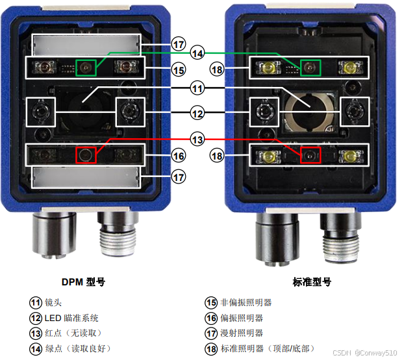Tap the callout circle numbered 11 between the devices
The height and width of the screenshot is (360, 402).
point(197,88)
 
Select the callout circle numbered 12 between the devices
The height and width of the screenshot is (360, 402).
point(197,113)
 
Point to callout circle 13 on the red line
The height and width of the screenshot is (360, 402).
point(197,139)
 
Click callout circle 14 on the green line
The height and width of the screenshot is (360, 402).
point(197,53)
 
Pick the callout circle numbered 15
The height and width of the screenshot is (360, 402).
point(179,70)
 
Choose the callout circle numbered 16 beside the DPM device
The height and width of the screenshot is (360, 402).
point(179,156)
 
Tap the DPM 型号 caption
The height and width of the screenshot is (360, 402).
point(83,282)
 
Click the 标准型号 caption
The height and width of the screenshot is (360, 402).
point(312,282)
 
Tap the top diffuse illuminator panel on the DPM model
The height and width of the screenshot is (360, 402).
point(86,45)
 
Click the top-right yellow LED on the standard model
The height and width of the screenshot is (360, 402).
point(350,67)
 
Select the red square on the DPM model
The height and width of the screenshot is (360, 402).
point(86,155)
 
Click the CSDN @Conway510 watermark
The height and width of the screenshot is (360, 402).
point(365,353)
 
